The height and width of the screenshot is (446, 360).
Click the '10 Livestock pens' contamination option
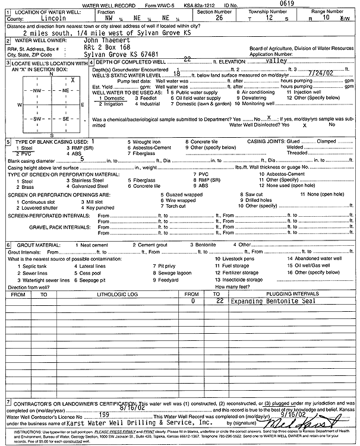click(234, 259)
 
